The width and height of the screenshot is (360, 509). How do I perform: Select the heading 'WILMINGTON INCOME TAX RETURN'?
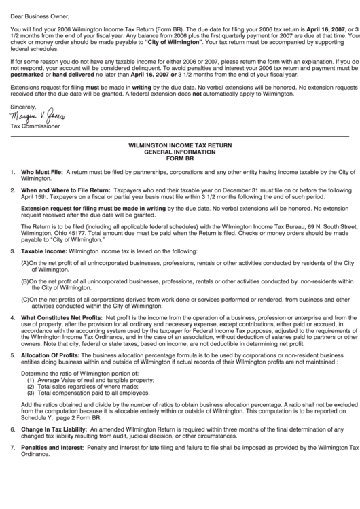[x=180, y=145]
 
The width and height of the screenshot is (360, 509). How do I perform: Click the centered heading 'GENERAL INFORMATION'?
[x=180, y=152]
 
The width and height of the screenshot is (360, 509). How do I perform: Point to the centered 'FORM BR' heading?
[x=180, y=158]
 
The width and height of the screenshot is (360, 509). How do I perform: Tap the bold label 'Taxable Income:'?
[x=44, y=251]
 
